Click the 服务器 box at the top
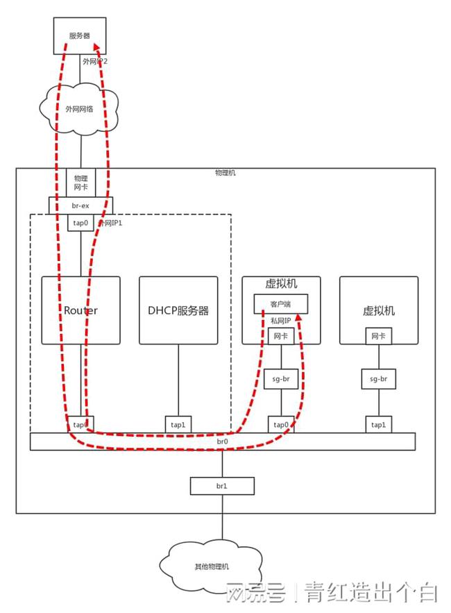point(80,35)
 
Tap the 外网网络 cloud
point(81,109)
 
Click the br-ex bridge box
point(80,205)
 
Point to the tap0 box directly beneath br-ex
point(80,223)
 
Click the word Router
point(80,310)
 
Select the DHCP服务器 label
point(178,310)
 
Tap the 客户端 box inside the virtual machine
point(281,304)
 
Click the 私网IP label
point(282,321)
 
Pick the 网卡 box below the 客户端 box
point(281,337)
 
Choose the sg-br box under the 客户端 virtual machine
point(281,379)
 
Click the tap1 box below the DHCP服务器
point(178,424)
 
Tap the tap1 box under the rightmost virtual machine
point(379,424)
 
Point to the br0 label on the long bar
point(223,442)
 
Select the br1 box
point(223,486)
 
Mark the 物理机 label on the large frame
point(226,172)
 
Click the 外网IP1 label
point(110,223)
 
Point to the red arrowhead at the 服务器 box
point(96,47)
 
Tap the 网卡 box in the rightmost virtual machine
point(379,337)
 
